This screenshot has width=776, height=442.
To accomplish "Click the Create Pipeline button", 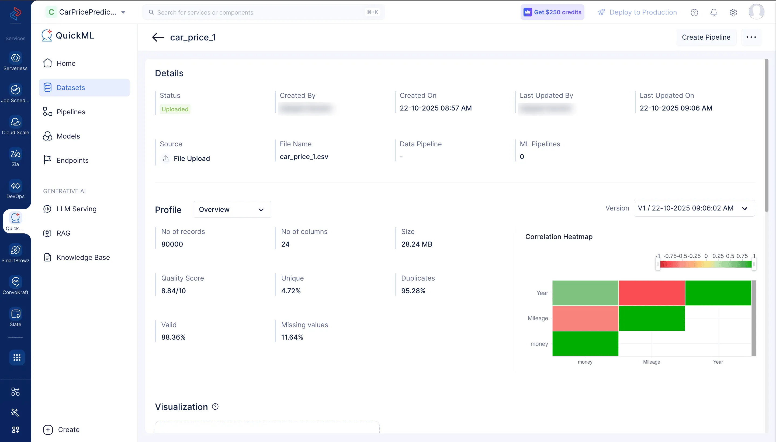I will point(706,37).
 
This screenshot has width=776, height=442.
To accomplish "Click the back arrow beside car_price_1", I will point(158,37).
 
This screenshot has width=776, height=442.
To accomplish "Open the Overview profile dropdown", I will point(232,209).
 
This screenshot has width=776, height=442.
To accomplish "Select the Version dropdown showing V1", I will point(694,208).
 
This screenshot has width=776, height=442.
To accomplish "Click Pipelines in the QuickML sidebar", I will point(71,112).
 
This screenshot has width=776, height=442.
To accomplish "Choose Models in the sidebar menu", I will point(68,136).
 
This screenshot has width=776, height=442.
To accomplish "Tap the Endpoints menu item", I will point(72,161).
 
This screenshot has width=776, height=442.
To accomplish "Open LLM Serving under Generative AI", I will point(76,209).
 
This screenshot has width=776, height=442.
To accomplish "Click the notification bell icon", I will point(713,12).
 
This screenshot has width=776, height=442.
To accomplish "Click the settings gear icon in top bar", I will point(733,12).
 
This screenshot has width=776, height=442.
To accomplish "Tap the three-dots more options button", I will point(751,37).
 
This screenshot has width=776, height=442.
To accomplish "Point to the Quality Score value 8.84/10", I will point(173,291).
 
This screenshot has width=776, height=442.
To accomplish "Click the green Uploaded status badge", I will point(175,109).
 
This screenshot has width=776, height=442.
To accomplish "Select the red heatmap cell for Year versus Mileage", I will point(651,293).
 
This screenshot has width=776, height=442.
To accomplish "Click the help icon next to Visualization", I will point(215,406).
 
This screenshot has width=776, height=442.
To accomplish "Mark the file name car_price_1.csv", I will point(304,157).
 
